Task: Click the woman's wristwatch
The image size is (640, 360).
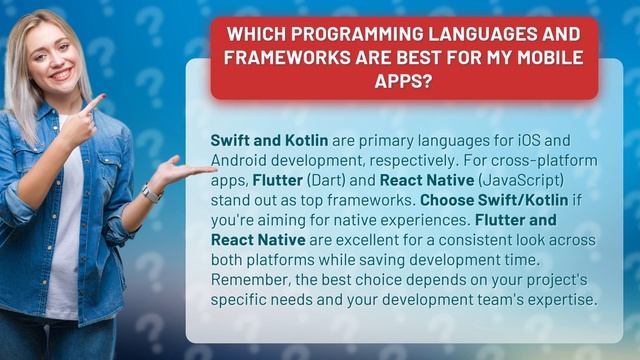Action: point(150,192)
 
